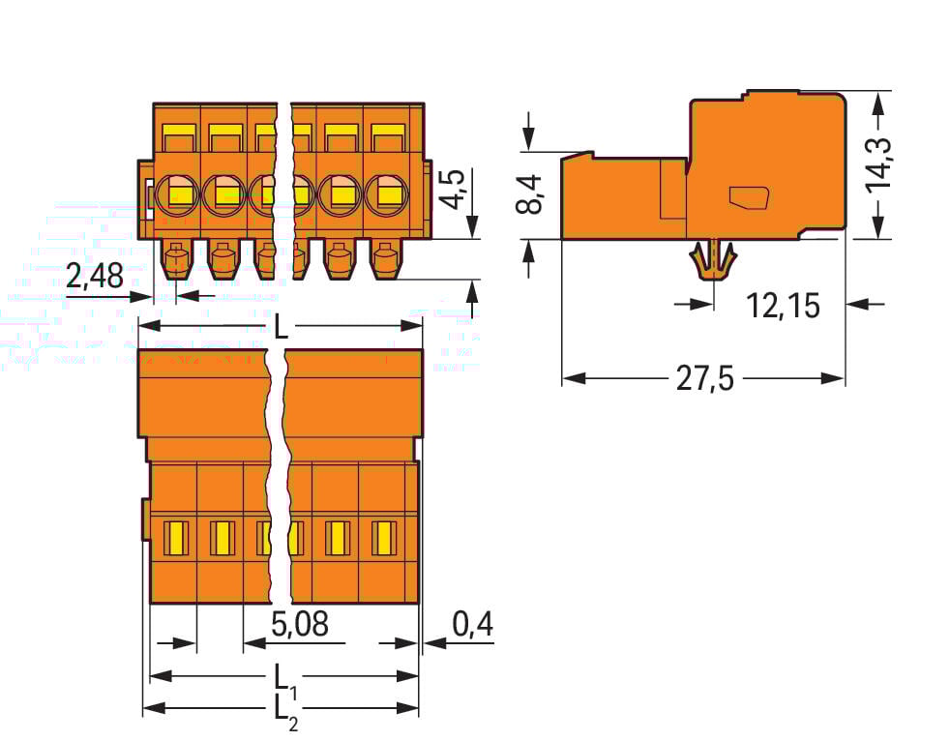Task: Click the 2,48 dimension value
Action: [94, 278]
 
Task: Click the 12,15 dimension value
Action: [783, 306]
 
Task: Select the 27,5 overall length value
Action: [703, 379]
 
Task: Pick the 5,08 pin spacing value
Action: [299, 626]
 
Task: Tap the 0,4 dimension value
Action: [471, 626]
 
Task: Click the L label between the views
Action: [280, 328]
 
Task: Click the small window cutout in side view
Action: [748, 197]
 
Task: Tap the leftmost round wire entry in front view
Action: [177, 193]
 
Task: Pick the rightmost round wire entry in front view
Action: [387, 193]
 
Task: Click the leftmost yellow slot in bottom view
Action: [175, 538]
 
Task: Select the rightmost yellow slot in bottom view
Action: [384, 538]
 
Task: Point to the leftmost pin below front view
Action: [176, 261]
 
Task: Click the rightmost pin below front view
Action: [385, 261]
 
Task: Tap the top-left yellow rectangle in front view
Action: [176, 132]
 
